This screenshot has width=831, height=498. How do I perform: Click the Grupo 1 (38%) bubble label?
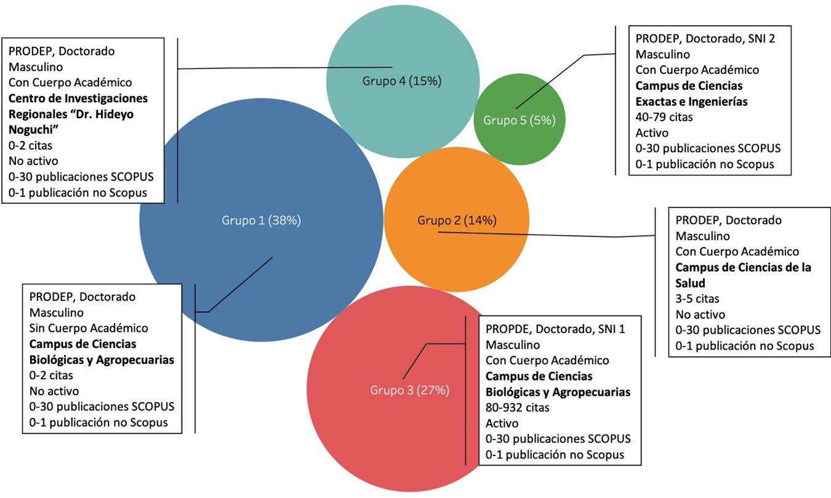click(261, 221)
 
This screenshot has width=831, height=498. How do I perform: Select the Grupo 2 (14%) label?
click(457, 220)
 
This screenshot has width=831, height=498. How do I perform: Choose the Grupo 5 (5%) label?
click(519, 120)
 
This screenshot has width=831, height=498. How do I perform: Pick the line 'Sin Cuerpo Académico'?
click(89, 328)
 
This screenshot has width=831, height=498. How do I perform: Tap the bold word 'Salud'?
click(690, 283)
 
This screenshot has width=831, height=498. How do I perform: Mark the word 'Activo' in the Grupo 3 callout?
click(502, 424)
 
